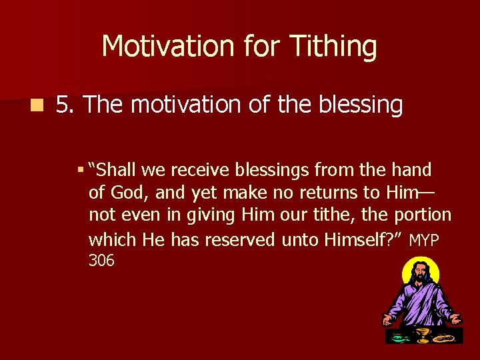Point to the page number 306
click(x=101, y=261)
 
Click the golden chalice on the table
click(x=421, y=333)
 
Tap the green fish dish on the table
click(x=399, y=337)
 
